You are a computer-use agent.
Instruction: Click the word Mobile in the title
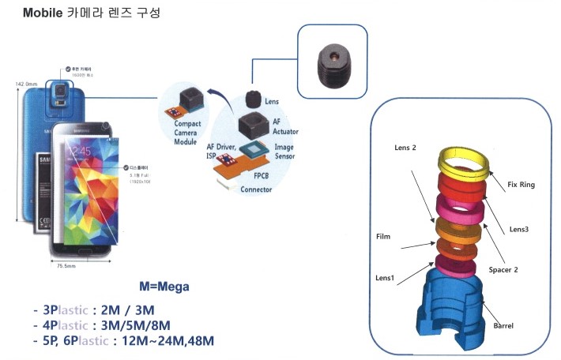(43, 14)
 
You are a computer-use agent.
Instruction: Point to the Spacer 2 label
(504, 269)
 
